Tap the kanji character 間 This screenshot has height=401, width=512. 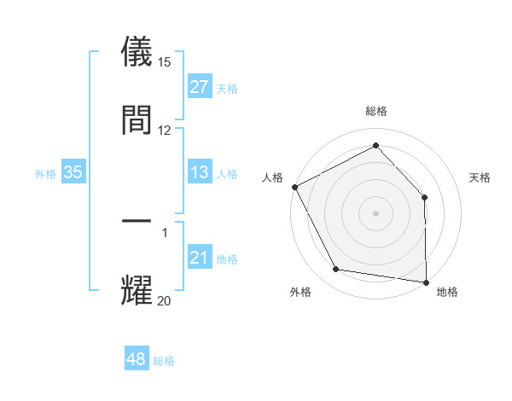point(137,119)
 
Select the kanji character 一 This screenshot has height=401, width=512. point(137,223)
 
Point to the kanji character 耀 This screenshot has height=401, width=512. point(137,290)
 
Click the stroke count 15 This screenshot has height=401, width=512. point(165,62)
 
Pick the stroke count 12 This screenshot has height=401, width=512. point(165,130)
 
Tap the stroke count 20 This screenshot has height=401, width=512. point(165,300)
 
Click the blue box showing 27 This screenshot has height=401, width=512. point(200,87)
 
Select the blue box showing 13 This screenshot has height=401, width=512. point(200,173)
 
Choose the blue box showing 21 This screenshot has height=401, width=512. point(200,258)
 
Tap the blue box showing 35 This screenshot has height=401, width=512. point(73,172)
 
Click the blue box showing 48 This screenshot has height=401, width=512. point(137,359)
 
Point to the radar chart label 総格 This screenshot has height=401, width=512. point(376,111)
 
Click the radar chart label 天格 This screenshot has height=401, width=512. point(480,177)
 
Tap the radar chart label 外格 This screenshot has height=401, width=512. point(300,292)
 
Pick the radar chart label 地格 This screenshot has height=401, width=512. point(447,292)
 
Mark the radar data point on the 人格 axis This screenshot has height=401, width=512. point(294,187)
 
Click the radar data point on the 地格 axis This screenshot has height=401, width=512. point(426,282)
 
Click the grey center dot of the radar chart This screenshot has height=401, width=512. point(376,213)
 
